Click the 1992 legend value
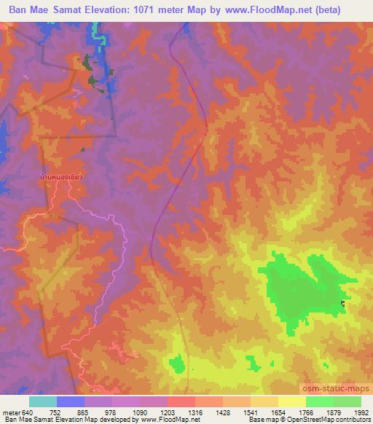[x=361, y=412]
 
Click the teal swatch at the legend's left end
[x=43, y=401]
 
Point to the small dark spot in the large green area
[x=343, y=303]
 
